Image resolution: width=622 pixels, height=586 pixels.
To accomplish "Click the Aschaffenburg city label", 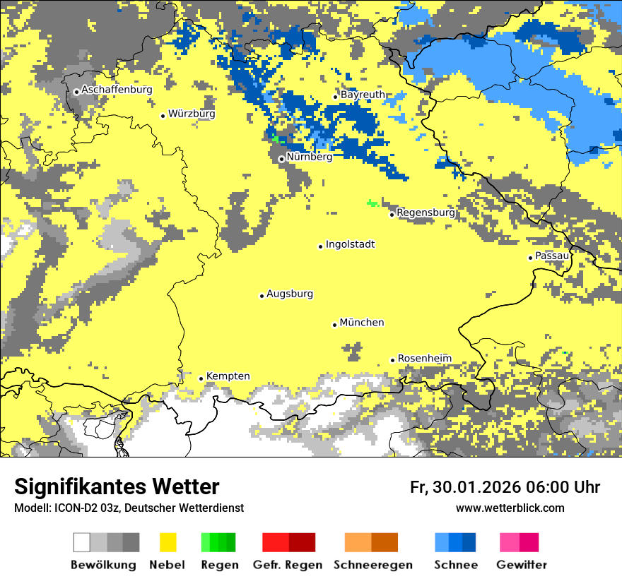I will (117, 90).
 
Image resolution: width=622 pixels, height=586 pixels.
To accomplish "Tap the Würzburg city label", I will (192, 114).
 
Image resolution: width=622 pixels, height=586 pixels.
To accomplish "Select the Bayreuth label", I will (363, 95).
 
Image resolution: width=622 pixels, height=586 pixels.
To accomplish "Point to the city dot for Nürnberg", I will (281, 159).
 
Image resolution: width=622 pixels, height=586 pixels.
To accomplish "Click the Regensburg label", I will (426, 213).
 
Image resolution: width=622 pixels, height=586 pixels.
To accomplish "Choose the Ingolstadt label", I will (350, 245).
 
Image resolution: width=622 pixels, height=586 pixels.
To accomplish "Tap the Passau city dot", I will (530, 258).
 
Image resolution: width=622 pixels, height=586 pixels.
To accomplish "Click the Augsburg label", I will (290, 294).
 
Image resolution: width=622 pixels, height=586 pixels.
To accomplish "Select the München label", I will (362, 323).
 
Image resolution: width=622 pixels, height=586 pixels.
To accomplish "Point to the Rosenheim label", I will (424, 359).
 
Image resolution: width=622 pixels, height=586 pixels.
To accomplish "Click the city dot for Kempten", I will (201, 378).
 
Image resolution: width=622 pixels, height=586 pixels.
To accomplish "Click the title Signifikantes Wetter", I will (117, 487).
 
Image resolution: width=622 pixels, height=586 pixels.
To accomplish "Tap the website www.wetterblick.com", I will (510, 508).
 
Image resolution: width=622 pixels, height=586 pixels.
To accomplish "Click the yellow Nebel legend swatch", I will (168, 542).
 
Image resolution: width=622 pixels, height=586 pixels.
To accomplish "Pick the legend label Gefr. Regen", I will (288, 566).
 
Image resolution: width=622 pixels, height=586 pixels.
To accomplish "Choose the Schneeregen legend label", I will (373, 566).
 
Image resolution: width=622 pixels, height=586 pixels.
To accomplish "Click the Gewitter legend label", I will (522, 566).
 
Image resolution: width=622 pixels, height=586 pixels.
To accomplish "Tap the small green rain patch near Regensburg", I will (372, 203).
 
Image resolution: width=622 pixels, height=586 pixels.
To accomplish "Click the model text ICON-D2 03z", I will (84, 508).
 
